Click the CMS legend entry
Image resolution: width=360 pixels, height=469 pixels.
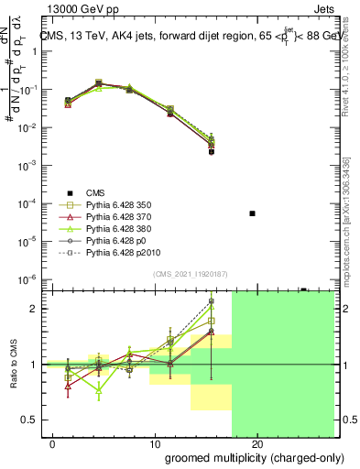click(95, 192)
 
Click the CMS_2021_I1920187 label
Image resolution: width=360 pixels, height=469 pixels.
click(189, 274)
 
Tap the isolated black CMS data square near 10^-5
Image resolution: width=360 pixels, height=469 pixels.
click(252, 213)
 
